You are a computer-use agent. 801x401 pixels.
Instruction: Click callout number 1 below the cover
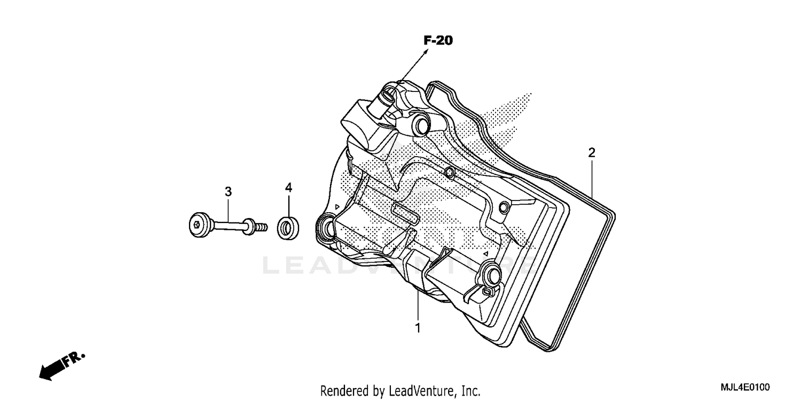point(418,328)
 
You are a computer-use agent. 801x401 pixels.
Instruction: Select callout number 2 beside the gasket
point(591,152)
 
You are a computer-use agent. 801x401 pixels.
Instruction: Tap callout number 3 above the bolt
point(228,191)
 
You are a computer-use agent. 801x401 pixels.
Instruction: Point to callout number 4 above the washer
point(288,187)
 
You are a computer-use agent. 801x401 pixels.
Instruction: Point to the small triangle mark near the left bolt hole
point(336,206)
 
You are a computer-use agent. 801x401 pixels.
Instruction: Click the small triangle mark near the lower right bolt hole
point(485,252)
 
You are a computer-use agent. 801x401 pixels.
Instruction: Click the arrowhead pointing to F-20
point(426,51)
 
